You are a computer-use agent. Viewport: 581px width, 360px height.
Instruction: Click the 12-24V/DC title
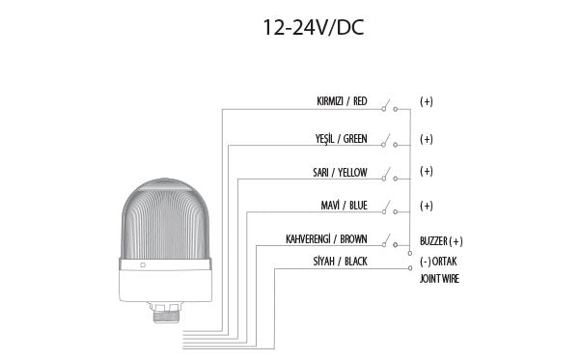click(314, 26)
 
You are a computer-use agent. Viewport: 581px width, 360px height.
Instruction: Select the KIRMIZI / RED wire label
click(342, 100)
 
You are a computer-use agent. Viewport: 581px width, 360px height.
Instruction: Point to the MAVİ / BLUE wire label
click(343, 207)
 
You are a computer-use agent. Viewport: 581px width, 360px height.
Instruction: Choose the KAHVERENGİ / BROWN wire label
click(326, 238)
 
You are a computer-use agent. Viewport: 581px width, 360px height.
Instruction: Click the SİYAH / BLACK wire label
click(340, 262)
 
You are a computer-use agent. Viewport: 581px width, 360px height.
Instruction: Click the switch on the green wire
click(388, 141)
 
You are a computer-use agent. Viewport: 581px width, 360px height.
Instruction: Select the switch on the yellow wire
click(388, 175)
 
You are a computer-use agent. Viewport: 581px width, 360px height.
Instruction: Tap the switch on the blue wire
click(388, 208)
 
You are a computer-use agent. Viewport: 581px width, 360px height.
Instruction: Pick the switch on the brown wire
click(388, 240)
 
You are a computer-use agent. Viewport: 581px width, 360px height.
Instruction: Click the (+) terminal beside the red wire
click(427, 101)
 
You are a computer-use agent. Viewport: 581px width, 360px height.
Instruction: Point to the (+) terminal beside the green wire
click(427, 139)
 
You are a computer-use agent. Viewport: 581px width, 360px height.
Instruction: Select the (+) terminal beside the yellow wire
click(427, 172)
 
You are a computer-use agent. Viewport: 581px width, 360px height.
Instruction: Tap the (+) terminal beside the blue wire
click(427, 207)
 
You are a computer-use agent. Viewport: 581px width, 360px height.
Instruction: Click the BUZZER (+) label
click(442, 241)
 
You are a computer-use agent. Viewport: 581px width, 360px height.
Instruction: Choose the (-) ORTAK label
click(439, 262)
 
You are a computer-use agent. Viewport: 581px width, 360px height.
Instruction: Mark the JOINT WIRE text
click(439, 279)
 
